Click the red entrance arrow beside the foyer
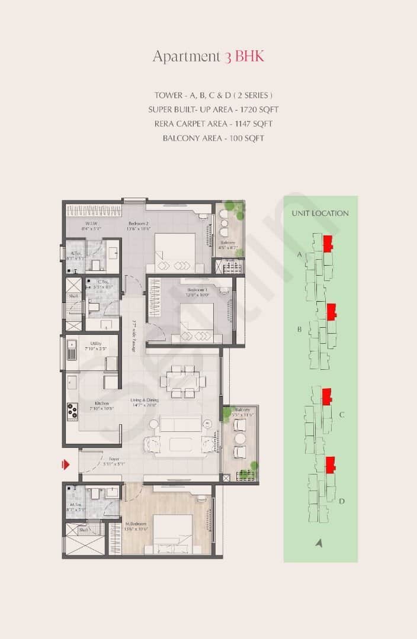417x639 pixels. click(x=66, y=464)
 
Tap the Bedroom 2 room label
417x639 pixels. click(x=138, y=224)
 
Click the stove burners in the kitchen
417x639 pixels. click(x=73, y=411)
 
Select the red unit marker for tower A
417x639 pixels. click(x=328, y=243)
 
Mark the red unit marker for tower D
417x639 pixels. click(x=331, y=464)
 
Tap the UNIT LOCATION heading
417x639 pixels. click(x=320, y=214)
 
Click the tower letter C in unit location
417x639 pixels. click(x=342, y=415)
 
